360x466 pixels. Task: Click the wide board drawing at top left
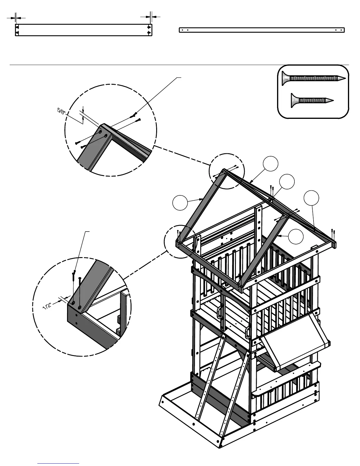(84, 30)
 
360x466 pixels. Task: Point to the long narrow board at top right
(261, 30)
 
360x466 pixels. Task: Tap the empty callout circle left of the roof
(180, 203)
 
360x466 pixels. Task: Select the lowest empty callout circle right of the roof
(296, 237)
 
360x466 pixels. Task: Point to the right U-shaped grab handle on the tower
(248, 333)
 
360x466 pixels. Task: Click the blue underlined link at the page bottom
(58, 463)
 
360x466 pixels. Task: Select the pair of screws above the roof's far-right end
(333, 232)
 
